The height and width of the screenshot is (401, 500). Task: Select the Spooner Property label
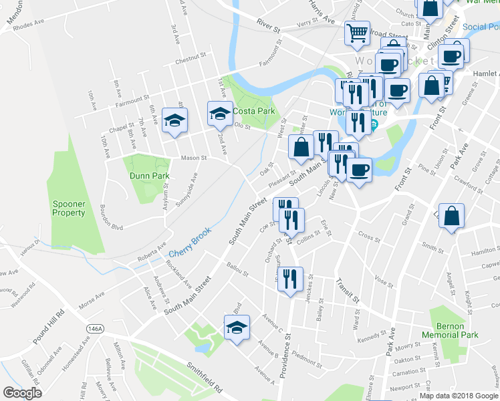pyautogui.click(x=69, y=208)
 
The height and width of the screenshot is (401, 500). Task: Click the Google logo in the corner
pyautogui.click(x=22, y=393)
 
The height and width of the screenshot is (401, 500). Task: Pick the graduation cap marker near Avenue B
pyautogui.click(x=236, y=329)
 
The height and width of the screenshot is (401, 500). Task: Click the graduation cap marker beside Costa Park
pyautogui.click(x=219, y=114)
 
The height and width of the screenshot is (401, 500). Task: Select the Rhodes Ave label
pyautogui.click(x=28, y=23)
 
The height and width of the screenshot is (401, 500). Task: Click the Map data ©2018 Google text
pyautogui.click(x=458, y=395)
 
